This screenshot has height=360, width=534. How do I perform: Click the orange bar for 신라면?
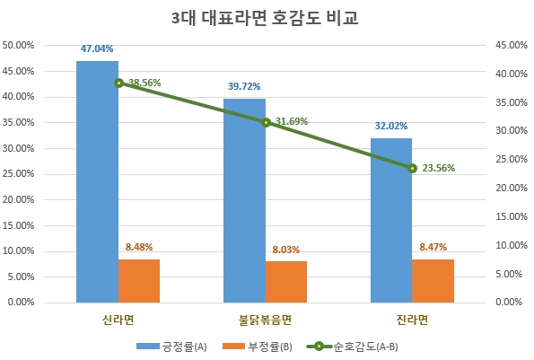(x=139, y=280)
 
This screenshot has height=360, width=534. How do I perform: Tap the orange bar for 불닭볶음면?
(x=286, y=281)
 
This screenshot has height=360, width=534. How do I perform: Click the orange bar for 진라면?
(x=433, y=280)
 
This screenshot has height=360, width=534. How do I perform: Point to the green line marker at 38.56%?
(x=118, y=83)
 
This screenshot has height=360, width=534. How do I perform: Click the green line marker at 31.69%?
(x=266, y=122)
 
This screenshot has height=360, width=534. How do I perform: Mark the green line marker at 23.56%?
(x=412, y=168)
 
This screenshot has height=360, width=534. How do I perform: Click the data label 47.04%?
(x=96, y=49)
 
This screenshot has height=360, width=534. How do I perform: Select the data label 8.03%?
(x=286, y=250)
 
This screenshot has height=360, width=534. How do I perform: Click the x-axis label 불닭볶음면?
(x=266, y=320)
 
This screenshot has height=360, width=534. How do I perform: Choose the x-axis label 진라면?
(x=412, y=320)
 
